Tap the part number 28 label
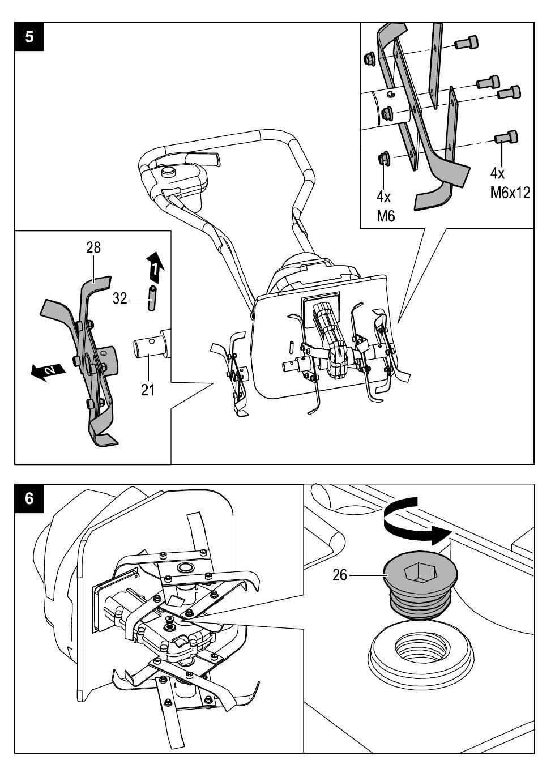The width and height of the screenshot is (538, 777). click(93, 248)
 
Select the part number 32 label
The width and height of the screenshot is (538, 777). click(119, 298)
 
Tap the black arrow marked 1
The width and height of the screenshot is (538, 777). click(155, 267)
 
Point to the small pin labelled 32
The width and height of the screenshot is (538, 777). click(151, 298)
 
